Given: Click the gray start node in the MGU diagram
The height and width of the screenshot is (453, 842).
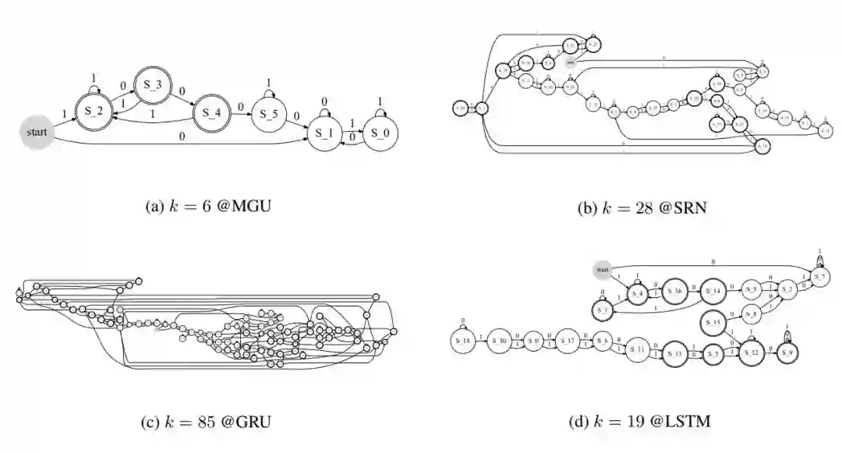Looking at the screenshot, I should [36, 132].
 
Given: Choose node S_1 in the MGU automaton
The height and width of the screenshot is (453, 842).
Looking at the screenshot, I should [323, 133].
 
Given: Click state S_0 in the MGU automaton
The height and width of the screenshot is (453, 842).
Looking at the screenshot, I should [380, 133].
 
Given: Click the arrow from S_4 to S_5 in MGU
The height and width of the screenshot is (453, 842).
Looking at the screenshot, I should [239, 114].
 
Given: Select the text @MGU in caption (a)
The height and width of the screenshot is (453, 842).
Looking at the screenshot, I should [244, 207].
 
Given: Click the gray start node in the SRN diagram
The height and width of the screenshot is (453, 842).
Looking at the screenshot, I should [571, 61].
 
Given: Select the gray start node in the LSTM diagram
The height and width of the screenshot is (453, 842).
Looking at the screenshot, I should [603, 270].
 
